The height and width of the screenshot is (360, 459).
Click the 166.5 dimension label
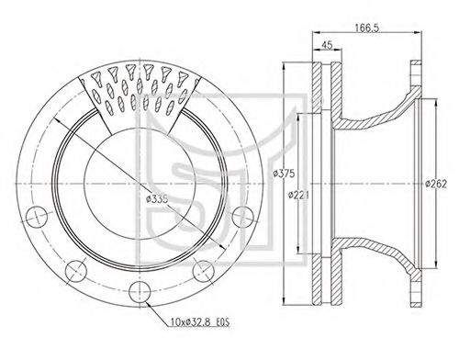367,28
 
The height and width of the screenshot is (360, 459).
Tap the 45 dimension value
327,45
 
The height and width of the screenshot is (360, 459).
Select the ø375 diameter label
284,174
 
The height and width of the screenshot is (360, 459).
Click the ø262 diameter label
436,184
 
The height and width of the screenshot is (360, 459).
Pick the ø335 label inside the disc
157,199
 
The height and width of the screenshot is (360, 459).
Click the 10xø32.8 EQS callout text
200,322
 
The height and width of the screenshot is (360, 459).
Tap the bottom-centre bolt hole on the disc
140,292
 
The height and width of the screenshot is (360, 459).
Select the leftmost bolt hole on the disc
37,217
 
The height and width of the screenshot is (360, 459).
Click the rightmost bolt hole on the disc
243,217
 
